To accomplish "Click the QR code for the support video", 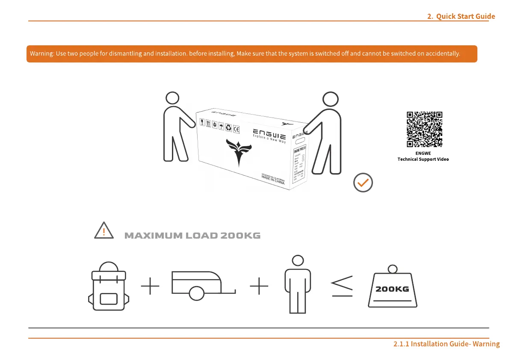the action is pos(424,130).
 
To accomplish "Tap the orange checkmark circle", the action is pos(363,183).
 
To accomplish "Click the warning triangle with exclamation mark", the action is pos(104,231).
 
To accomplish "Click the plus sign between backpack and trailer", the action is pos(150,285).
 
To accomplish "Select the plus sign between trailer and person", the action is pos(259,285).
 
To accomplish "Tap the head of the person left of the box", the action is pos(172,98).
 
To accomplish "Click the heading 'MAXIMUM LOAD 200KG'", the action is pos(192,236).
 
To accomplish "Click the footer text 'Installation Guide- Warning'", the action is pos(447,344).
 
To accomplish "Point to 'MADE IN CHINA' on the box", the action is pos(273,178).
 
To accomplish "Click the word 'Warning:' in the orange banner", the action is pos(41,54).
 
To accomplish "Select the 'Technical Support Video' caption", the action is pos(423,159).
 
